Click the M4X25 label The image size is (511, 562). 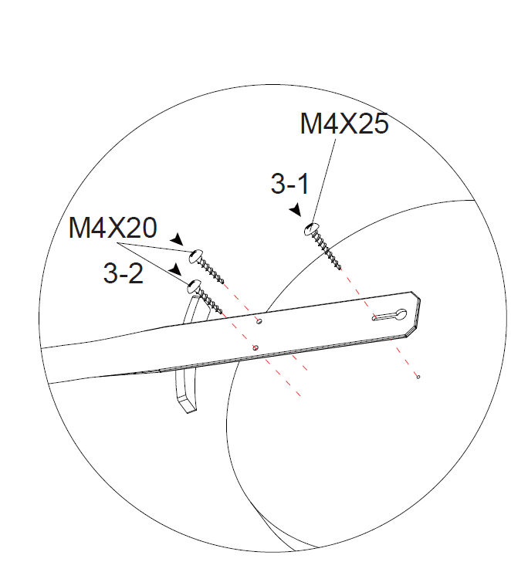pyautogui.click(x=344, y=124)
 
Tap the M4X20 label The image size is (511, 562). pyautogui.click(x=113, y=227)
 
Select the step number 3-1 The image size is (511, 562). pyautogui.click(x=289, y=184)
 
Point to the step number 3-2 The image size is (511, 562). pyautogui.click(x=124, y=273)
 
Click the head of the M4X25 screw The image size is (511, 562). pyautogui.click(x=311, y=229)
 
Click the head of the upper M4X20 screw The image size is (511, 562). pyautogui.click(x=195, y=256)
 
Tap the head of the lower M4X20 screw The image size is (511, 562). pyautogui.click(x=194, y=286)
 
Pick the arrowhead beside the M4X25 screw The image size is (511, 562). pyautogui.click(x=296, y=210)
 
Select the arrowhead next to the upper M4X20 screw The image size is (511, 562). pyautogui.click(x=177, y=239)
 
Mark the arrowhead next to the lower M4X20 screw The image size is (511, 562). pyautogui.click(x=175, y=269)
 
